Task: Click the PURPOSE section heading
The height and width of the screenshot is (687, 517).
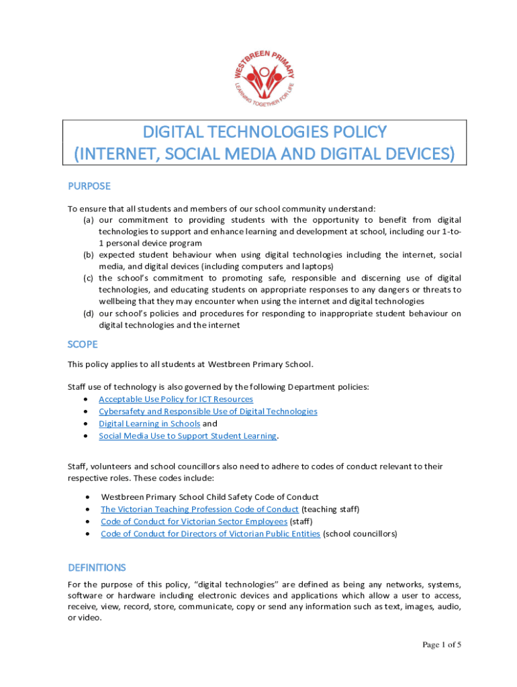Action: tap(89, 186)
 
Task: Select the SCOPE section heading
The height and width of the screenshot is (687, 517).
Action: tap(83, 344)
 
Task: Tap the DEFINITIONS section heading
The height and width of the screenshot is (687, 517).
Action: tap(97, 568)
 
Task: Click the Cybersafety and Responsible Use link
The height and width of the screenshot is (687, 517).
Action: tap(208, 411)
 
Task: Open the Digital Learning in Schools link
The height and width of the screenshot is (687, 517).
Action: tap(149, 423)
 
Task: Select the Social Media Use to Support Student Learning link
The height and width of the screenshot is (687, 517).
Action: tap(187, 435)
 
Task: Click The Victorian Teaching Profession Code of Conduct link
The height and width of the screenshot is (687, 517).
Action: tap(199, 509)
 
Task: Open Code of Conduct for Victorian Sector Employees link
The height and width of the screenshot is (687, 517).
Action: tap(194, 521)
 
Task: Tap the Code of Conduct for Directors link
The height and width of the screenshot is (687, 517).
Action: tap(210, 534)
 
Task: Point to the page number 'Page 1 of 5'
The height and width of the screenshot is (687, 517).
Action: tap(441, 645)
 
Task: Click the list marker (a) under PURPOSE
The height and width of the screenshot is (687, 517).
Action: tap(88, 220)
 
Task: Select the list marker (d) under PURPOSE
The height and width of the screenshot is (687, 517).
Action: tap(88, 313)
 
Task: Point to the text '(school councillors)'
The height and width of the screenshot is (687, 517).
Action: tap(360, 534)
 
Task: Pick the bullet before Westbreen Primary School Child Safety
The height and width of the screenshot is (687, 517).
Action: tap(88, 497)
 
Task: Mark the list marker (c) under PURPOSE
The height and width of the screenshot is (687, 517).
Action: tap(88, 278)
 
